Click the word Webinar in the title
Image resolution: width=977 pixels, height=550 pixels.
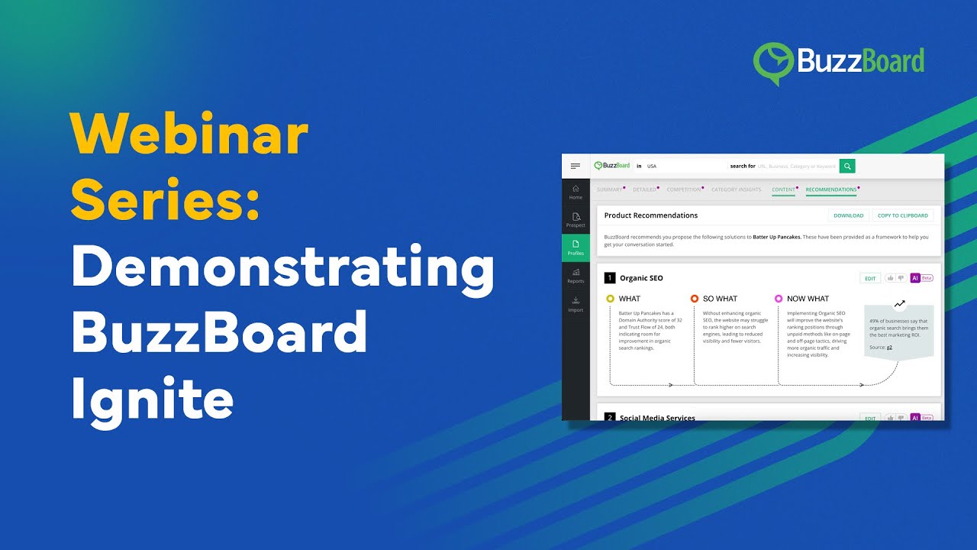(189, 136)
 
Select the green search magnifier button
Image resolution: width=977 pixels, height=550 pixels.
(847, 166)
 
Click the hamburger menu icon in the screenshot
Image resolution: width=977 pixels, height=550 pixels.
(576, 166)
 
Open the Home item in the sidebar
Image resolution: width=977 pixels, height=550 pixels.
(576, 192)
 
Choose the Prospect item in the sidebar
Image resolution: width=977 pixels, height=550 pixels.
(576, 220)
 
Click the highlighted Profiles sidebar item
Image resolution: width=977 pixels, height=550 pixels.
(576, 247)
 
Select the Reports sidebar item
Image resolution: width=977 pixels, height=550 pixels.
(576, 276)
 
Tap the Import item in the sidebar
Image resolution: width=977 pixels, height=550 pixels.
(576, 304)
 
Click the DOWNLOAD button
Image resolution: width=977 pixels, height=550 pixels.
(848, 215)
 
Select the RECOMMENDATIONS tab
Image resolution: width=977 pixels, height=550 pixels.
(830, 189)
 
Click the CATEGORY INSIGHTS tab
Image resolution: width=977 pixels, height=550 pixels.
(736, 189)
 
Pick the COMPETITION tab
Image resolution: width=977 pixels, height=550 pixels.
(683, 189)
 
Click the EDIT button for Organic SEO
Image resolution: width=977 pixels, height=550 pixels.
(869, 278)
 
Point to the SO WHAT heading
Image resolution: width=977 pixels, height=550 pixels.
(720, 299)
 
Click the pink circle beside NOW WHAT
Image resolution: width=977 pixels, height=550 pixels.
(779, 299)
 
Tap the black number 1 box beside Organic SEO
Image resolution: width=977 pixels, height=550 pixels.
(610, 278)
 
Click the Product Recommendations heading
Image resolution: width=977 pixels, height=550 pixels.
(650, 215)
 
